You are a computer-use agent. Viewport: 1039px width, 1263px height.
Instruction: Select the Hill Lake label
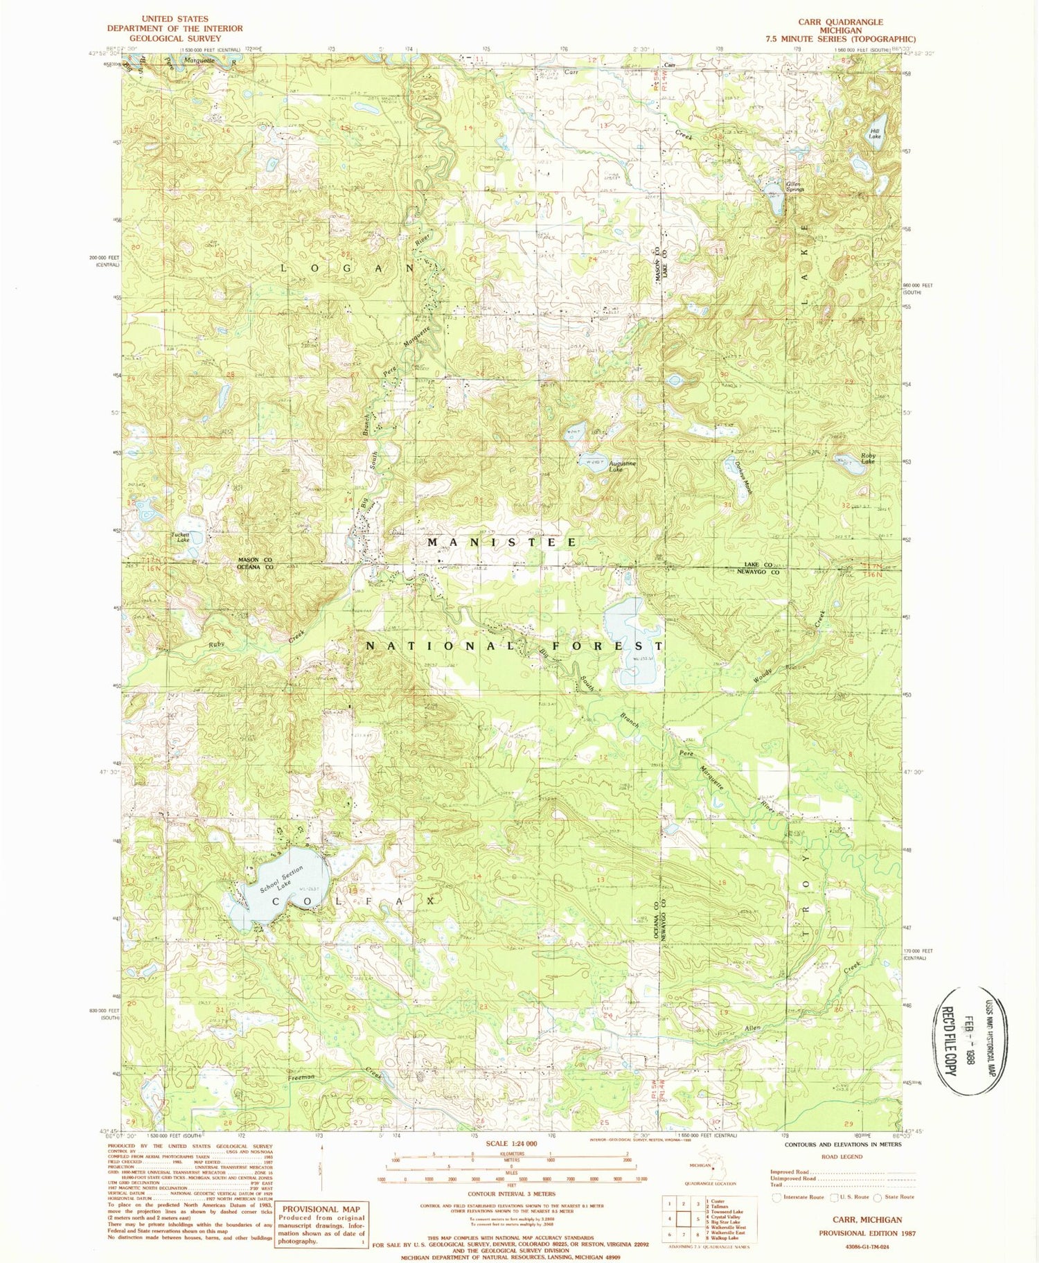(876, 133)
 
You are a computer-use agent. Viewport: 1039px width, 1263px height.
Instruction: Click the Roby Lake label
(867, 458)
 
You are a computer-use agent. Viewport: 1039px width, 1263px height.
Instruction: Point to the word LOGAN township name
(348, 267)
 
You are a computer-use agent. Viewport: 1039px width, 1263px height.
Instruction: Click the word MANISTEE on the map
(501, 542)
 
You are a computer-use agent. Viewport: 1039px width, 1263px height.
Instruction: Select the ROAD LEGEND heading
(842, 1156)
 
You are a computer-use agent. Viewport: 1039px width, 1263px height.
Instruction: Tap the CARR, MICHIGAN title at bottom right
(860, 1219)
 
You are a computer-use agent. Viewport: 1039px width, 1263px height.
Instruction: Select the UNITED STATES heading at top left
(174, 19)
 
